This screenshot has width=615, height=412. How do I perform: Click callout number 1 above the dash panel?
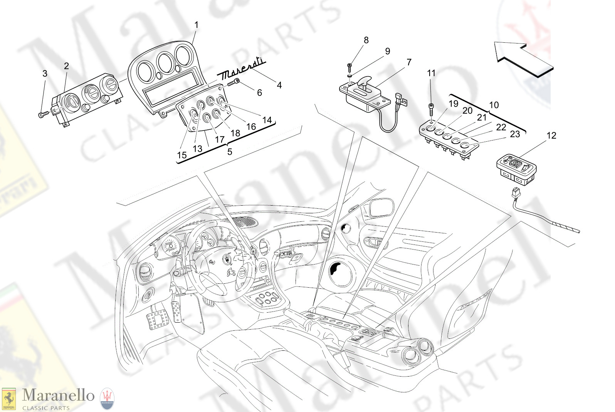click(x=196, y=25)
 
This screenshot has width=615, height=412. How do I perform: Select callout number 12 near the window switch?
click(x=551, y=136)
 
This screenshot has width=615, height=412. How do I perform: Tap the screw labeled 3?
click(x=43, y=114)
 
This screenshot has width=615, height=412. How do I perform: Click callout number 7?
click(x=409, y=62)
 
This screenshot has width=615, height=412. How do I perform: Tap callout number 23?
click(x=515, y=134)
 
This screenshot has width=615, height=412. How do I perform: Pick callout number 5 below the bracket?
click(x=230, y=152)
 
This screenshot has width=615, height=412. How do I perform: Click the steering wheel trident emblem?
click(x=227, y=260)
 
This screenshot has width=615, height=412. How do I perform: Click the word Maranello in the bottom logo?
click(x=58, y=395)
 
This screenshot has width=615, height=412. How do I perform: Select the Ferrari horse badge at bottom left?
click(x=9, y=399)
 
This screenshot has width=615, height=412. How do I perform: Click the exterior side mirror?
click(x=381, y=208)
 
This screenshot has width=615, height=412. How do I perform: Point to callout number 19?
click(x=454, y=104)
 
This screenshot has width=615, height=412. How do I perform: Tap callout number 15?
click(x=181, y=155)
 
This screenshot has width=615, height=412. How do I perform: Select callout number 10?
click(x=494, y=105)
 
